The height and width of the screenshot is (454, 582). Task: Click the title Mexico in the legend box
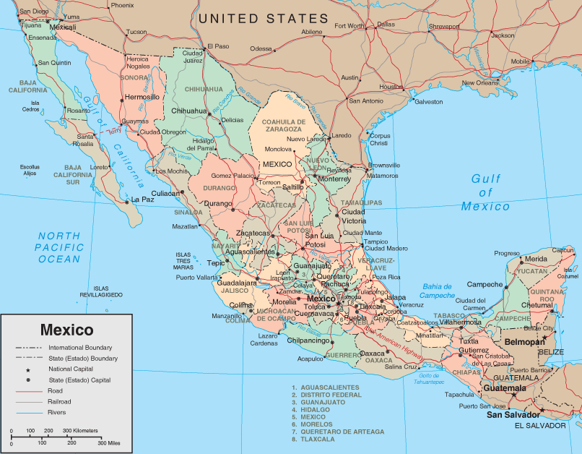(x=66, y=330)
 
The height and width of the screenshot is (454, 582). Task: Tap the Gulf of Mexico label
(x=485, y=192)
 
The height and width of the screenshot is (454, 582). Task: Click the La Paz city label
(x=142, y=200)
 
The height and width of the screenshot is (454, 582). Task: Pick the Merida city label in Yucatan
(x=536, y=259)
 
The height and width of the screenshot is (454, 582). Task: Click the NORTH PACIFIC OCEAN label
(x=61, y=247)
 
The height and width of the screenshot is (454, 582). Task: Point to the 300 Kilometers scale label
(x=79, y=430)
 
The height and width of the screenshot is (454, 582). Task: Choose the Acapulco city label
(x=310, y=359)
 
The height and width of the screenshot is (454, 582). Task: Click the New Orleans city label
(x=480, y=82)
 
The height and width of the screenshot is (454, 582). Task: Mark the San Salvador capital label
(x=513, y=415)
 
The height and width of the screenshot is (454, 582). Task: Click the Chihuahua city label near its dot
(x=188, y=111)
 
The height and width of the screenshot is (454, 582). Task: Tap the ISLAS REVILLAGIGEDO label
(x=110, y=292)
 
